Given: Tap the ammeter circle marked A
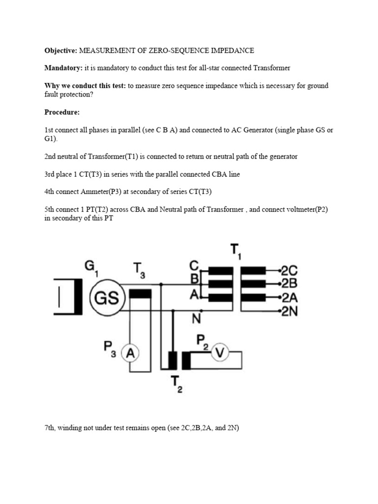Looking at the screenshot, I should tap(130, 352).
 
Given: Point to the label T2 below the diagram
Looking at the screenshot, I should tap(176, 384).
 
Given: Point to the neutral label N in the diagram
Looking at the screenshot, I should tap(196, 319).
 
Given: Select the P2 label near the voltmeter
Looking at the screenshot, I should tap(202, 341).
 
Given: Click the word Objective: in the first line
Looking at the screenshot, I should tap(61, 50).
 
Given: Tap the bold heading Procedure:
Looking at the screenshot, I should tap(62, 112).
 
